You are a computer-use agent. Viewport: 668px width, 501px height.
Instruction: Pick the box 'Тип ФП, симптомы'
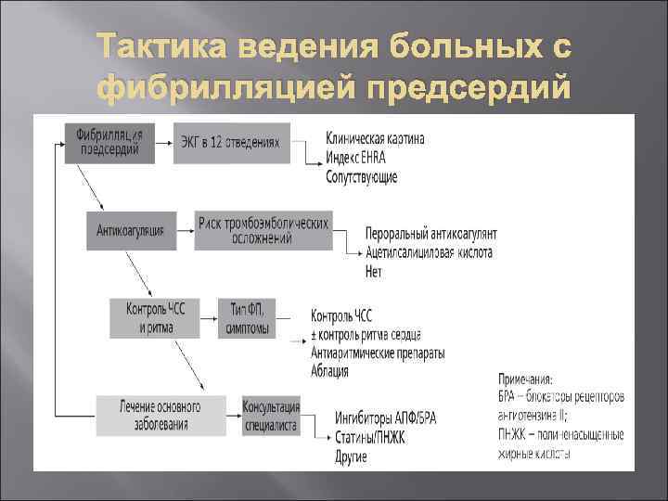pyautogui.click(x=248, y=318)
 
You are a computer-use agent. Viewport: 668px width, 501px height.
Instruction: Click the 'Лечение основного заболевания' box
pyautogui.click(x=161, y=415)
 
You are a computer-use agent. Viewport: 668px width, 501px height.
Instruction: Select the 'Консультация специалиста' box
pyautogui.click(x=270, y=415)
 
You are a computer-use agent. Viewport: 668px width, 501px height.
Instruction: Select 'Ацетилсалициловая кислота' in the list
pyautogui.click(x=430, y=252)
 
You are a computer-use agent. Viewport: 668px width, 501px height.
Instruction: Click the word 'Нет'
pyautogui.click(x=374, y=272)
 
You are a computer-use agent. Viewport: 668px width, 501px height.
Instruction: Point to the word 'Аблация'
pyautogui.click(x=330, y=372)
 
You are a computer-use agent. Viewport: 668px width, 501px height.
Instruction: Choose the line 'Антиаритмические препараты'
pyautogui.click(x=378, y=353)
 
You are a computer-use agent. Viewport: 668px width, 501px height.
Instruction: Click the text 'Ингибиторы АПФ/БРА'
pyautogui.click(x=385, y=418)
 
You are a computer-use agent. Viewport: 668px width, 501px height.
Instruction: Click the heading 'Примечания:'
pyautogui.click(x=525, y=378)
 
